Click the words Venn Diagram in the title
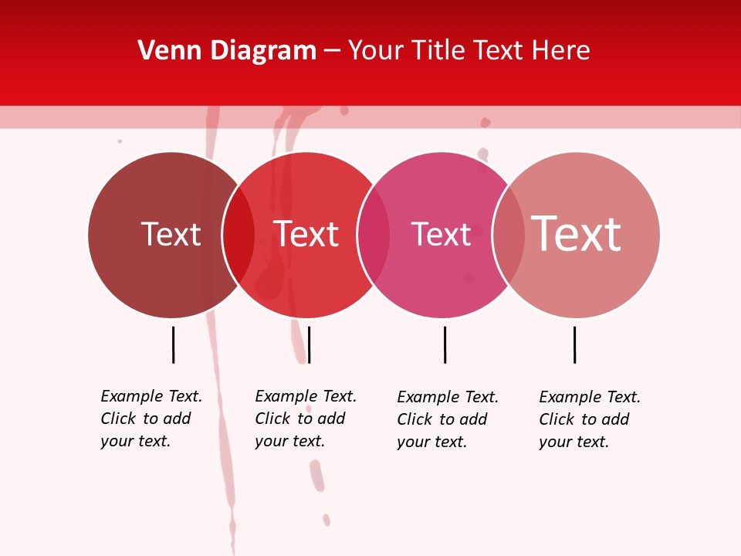pyautogui.click(x=227, y=51)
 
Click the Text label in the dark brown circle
pyautogui.click(x=171, y=234)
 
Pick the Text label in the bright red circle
pyautogui.click(x=306, y=234)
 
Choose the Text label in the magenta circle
pyautogui.click(x=441, y=234)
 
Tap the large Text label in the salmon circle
pyautogui.click(x=576, y=233)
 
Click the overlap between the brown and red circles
pyautogui.click(x=239, y=235)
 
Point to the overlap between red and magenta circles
pyautogui.click(x=374, y=235)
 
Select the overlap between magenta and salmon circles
pyautogui.click(x=508, y=235)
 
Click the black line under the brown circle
pyautogui.click(x=173, y=344)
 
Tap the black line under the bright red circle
pyautogui.click(x=309, y=344)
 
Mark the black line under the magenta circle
pyautogui.click(x=445, y=344)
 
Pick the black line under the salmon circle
pyautogui.click(x=574, y=344)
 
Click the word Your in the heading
pyautogui.click(x=377, y=51)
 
